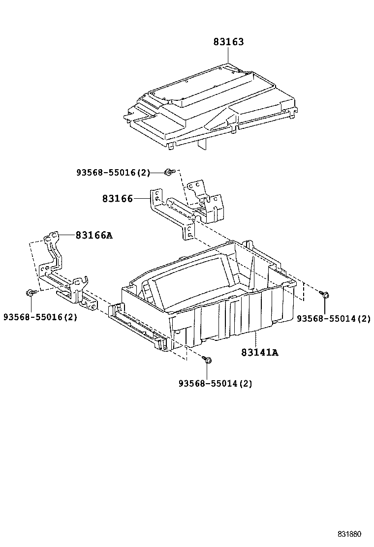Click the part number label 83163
pos(228,42)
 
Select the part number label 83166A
pos(93,235)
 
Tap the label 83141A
pos(260,352)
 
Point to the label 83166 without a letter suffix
pos(118,199)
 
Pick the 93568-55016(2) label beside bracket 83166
pos(113,172)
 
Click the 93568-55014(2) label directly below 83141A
pos(215,384)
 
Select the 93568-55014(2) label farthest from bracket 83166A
pos(333,319)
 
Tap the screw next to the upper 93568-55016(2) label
pos(169,172)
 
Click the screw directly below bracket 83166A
pos(30,294)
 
